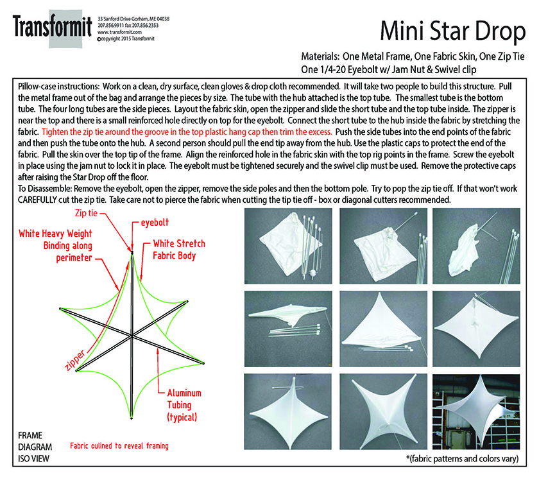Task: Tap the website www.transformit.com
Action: [116, 31]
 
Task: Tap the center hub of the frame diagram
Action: [132, 335]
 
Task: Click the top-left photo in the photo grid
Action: [285, 245]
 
